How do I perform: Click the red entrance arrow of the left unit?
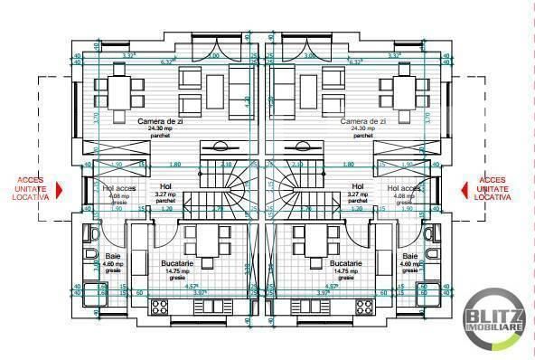click(x=61, y=189)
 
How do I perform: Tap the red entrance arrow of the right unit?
click(x=465, y=189)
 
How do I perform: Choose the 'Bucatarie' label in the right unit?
click(x=319, y=263)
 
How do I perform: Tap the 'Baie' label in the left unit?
click(x=113, y=256)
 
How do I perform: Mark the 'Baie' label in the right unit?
click(x=409, y=256)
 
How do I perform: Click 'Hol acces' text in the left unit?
click(x=118, y=189)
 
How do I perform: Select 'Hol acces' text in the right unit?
click(x=404, y=189)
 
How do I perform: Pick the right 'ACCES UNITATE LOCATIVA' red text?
click(x=493, y=188)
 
